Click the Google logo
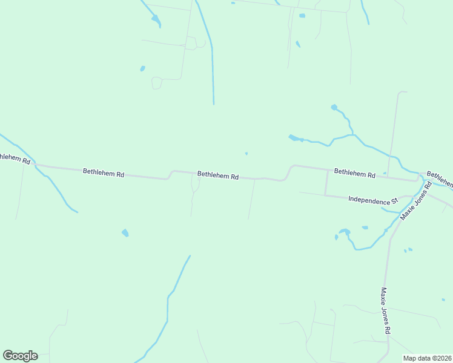[x=20, y=356]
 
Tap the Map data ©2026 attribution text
[x=426, y=358]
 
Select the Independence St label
[x=372, y=199]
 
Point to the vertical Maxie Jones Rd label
[x=385, y=311]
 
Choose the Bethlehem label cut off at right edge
[x=440, y=178]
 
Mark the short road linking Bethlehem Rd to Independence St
[x=326, y=183]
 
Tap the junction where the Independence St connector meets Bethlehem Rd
[x=327, y=170]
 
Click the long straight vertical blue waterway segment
[x=213, y=73]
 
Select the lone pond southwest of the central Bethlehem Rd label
[x=125, y=233]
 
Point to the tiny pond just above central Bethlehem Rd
[x=246, y=153]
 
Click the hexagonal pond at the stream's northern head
[x=334, y=107]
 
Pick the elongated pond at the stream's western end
[x=295, y=138]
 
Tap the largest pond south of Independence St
[x=345, y=231]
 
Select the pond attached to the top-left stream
[x=156, y=21]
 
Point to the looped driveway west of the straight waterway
[x=156, y=83]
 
